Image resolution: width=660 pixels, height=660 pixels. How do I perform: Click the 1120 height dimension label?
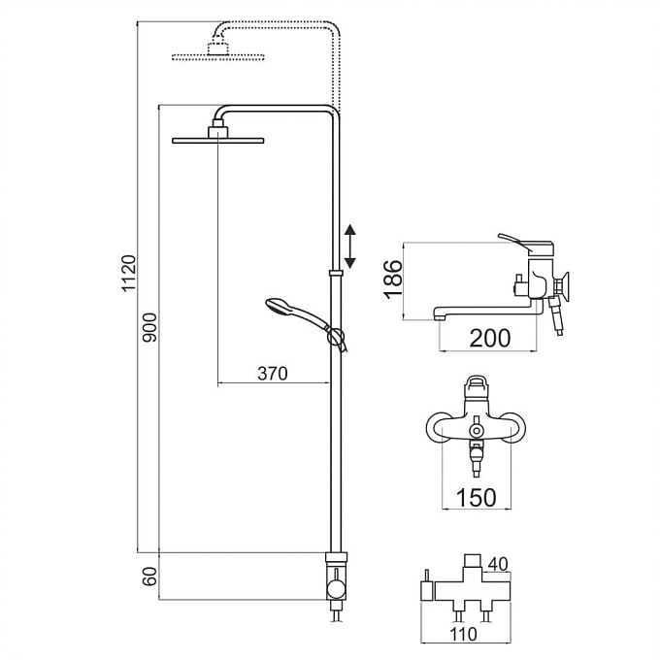point(129,273)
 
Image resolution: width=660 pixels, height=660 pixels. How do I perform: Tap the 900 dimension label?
point(149,327)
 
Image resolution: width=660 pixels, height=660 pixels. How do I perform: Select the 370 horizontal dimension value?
point(273,374)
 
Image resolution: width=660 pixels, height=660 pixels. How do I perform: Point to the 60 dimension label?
point(149,577)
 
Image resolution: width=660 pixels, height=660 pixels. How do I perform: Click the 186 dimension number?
point(393,280)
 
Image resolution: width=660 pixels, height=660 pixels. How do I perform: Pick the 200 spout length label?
point(489,338)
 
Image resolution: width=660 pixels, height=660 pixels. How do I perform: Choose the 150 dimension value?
point(476,498)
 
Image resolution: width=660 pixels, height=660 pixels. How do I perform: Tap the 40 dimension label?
point(498,564)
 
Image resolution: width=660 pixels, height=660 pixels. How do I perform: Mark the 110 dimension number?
point(463,634)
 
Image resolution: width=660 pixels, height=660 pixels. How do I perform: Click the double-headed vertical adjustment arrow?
point(350,247)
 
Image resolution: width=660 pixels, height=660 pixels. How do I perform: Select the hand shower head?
point(278,305)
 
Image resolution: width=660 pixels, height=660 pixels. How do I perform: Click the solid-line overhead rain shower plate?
point(218,140)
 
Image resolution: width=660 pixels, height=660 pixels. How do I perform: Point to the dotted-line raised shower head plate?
point(218,57)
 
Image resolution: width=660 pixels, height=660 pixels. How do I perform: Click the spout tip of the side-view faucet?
point(439,317)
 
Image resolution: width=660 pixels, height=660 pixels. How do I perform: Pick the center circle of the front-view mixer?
point(476,431)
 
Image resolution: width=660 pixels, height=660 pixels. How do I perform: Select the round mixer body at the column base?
point(337,588)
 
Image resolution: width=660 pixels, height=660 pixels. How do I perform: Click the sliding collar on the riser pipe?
point(336,273)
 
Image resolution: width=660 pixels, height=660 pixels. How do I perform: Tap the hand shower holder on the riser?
point(336,337)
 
